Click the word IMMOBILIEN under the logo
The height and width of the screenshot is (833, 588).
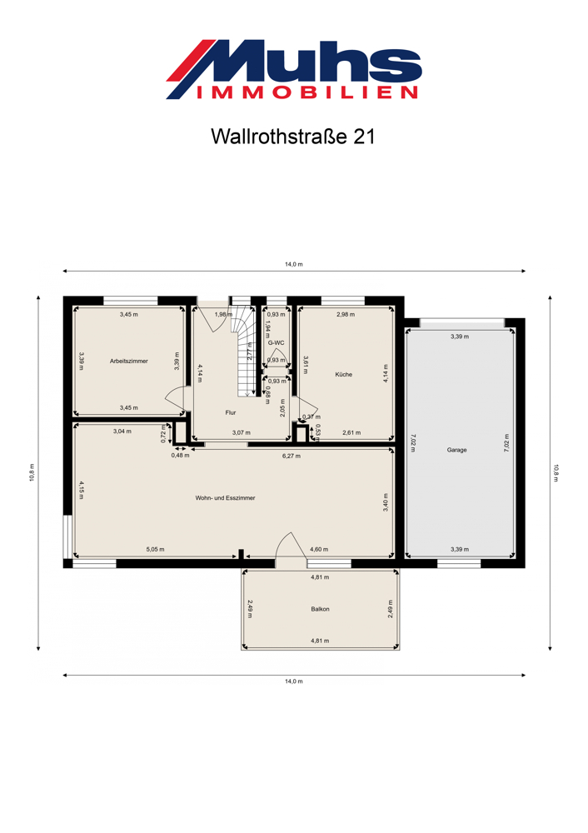coord(307,92)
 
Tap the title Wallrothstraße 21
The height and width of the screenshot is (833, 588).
coord(293,137)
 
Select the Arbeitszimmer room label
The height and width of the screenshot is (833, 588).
coord(129,362)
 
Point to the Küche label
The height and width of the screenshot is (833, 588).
coord(344,375)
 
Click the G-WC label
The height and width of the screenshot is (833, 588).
coord(277,342)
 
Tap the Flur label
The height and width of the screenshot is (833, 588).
coord(231,413)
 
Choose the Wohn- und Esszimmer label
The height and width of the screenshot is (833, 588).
coord(225,498)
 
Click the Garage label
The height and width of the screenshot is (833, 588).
coord(456,450)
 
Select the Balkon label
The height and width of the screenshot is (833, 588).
coord(321,610)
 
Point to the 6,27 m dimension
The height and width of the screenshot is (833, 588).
coord(292,456)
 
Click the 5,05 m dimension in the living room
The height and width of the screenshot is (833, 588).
coord(155,549)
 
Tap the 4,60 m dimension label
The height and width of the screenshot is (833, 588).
coord(319,549)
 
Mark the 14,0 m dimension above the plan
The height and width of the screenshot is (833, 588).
coord(294,264)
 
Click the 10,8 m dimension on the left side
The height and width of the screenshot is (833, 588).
coord(32,473)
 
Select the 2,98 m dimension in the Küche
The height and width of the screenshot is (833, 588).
coord(346,315)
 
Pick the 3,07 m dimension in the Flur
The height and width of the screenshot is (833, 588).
coord(242,433)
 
